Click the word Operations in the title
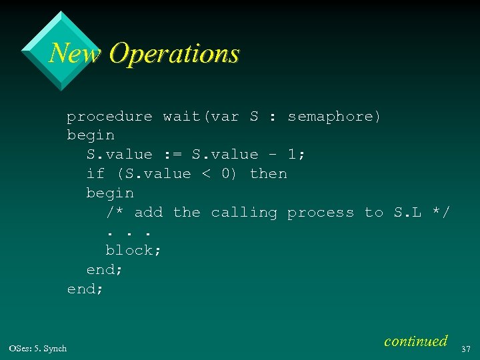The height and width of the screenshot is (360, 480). tap(173, 53)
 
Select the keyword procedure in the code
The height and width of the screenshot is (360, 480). tap(109, 117)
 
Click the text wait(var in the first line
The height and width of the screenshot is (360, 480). tap(201, 117)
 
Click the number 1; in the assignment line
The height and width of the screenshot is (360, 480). tap(297, 155)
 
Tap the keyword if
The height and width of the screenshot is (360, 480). tap(95, 174)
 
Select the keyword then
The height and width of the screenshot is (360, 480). tap(268, 174)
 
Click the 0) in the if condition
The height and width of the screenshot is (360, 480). tap(229, 174)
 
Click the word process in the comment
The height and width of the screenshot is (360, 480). tap(321, 213)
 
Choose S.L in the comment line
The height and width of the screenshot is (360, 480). tap(407, 213)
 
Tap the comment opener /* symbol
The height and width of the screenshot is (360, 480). tap(115, 213)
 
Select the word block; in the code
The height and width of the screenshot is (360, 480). tap(133, 251)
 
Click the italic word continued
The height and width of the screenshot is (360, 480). tap(415, 341)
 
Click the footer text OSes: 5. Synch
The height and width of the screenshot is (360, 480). tap(38, 349)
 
